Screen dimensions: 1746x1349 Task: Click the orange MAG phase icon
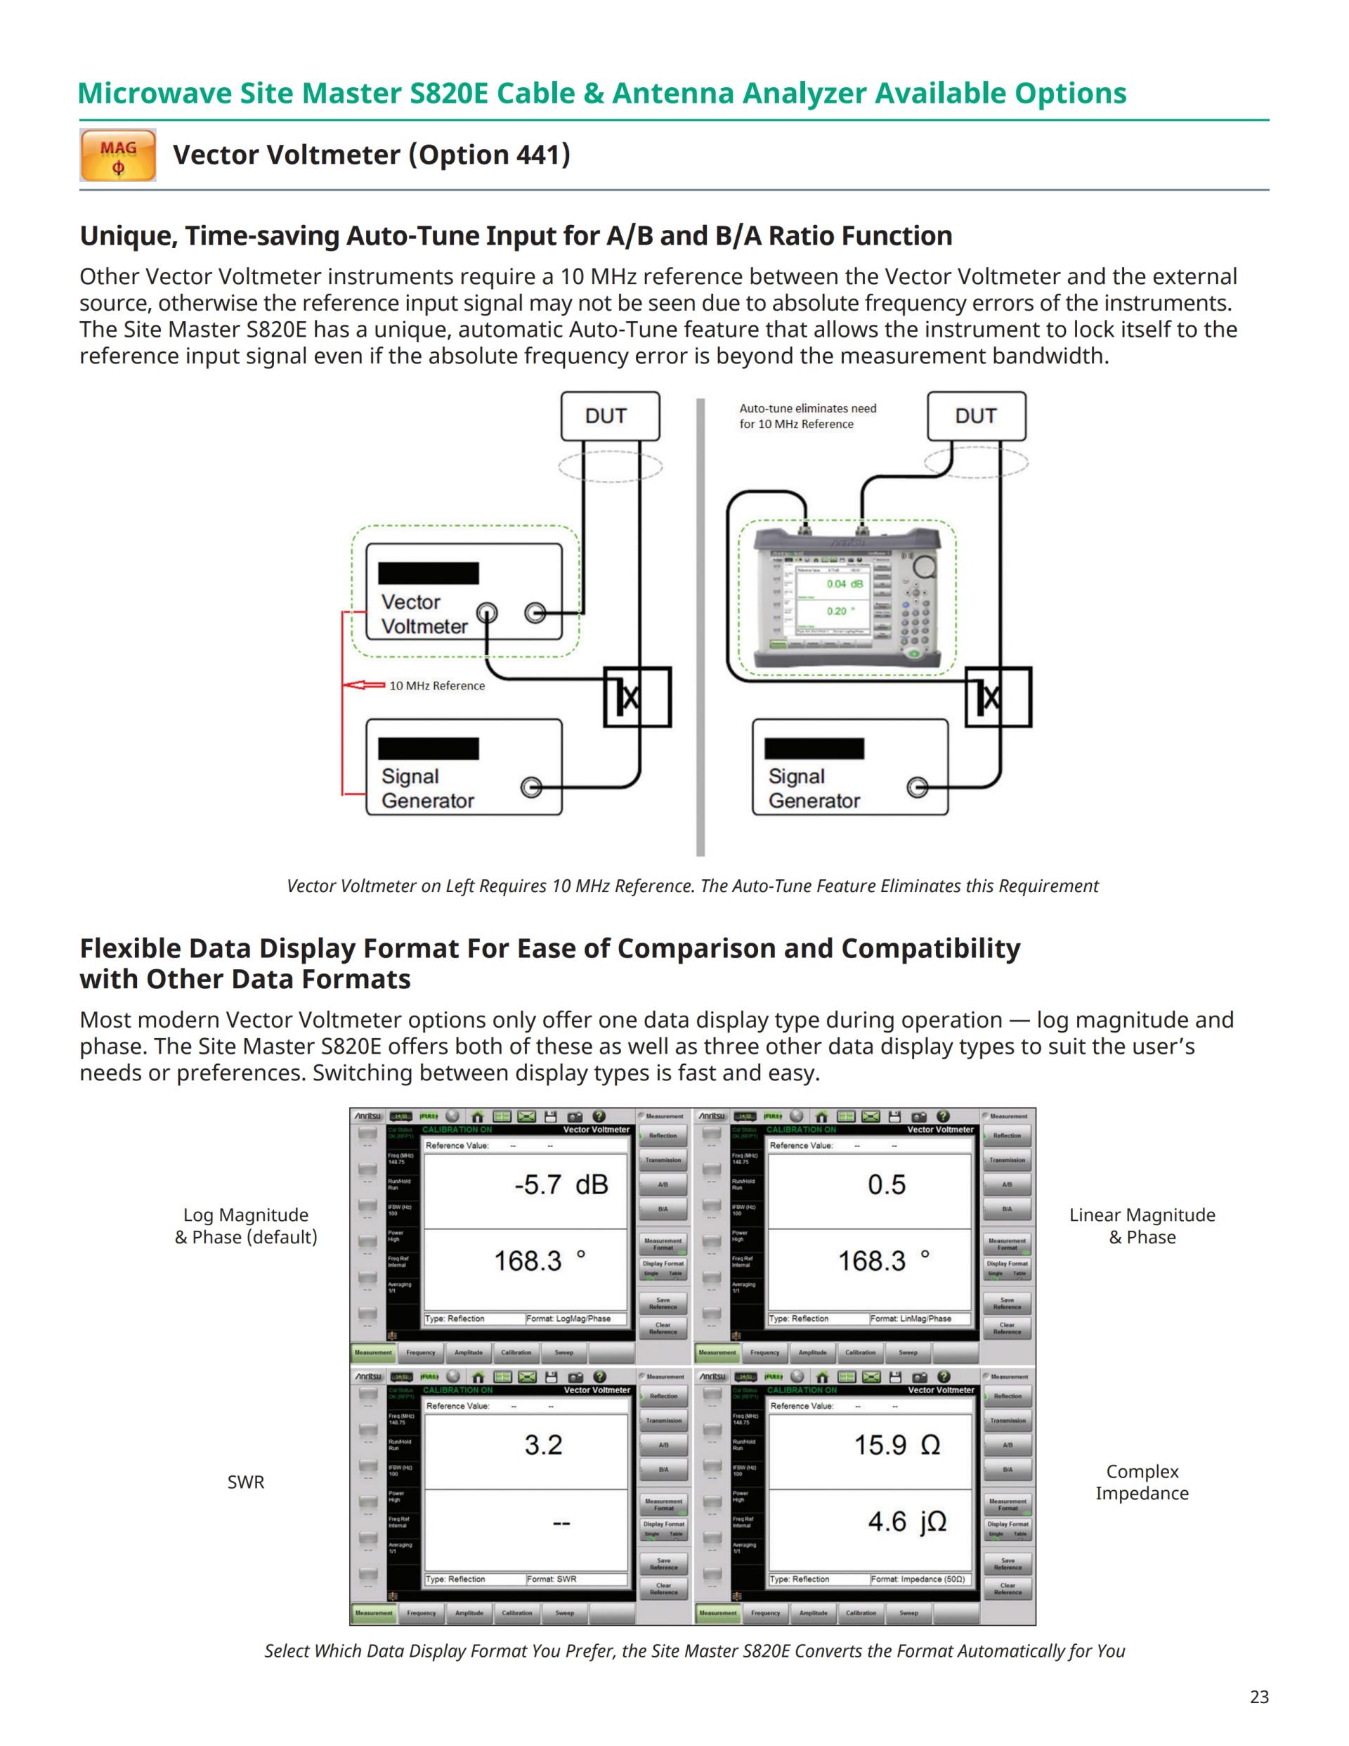point(117,155)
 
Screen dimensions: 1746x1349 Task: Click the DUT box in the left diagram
point(610,415)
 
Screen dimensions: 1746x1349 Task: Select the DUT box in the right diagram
point(976,415)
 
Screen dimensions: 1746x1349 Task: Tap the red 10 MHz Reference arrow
point(364,685)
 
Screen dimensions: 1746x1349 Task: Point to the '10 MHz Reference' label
point(436,686)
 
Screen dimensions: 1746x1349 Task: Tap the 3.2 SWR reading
point(543,1444)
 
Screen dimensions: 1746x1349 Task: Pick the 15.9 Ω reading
point(897,1444)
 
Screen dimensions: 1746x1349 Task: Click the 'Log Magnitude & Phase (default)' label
point(245,1226)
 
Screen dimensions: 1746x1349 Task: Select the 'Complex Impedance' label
point(1141,1482)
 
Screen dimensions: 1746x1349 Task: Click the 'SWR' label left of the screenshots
point(245,1482)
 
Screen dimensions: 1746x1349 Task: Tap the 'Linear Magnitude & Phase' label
point(1141,1226)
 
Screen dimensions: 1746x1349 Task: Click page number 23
point(1258,1696)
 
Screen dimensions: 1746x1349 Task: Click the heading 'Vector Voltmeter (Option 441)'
point(372,155)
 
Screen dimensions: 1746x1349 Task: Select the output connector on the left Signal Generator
point(530,787)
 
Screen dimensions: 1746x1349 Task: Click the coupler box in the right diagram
point(998,697)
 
